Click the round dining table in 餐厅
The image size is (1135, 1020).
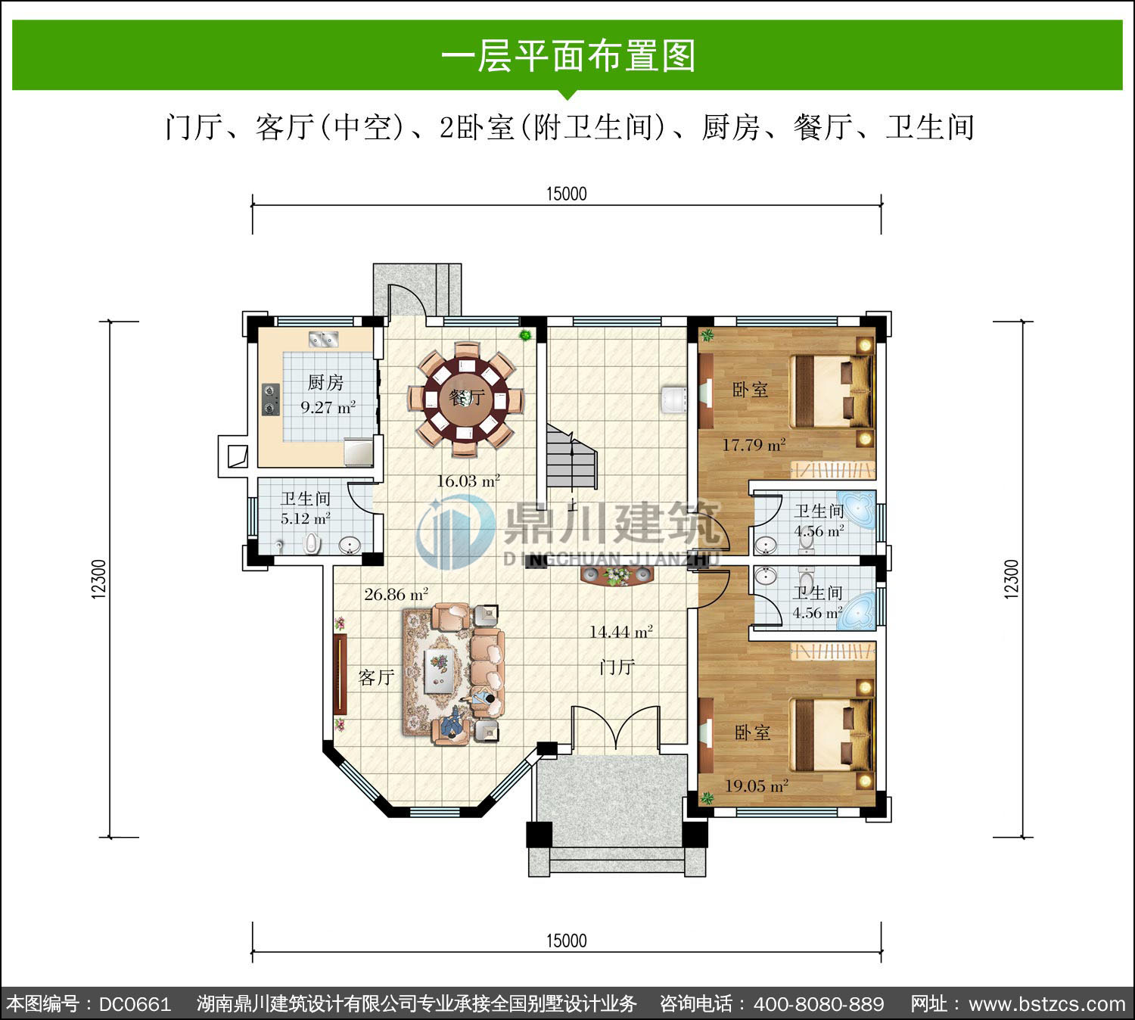[x=466, y=399]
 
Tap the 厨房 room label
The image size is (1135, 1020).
[x=325, y=383]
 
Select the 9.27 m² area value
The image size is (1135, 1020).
[x=328, y=407]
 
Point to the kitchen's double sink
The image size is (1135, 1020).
[x=323, y=339]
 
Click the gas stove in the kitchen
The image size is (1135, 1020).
[x=270, y=399]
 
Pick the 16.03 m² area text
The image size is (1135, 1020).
[x=468, y=481]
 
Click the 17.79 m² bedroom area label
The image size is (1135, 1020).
[x=754, y=445]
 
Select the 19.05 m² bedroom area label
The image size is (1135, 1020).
[x=757, y=785]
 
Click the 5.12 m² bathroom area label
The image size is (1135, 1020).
[x=306, y=518]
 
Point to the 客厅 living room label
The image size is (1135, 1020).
[x=376, y=677]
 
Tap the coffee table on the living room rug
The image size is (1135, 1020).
[x=439, y=671]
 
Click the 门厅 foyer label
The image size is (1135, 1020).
[x=617, y=667]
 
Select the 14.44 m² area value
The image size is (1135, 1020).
[x=621, y=632]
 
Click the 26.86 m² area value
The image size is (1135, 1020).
[x=396, y=594]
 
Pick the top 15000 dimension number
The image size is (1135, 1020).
[x=567, y=194]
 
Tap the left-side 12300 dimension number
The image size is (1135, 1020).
[x=99, y=579]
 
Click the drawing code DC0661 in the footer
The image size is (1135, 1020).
[x=135, y=1003]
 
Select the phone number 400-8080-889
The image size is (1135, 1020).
[x=819, y=1003]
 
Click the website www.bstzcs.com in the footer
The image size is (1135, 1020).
[x=1046, y=1003]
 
